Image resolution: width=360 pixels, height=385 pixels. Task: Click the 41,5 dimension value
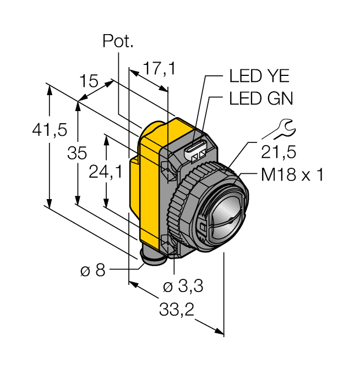tap(49, 130)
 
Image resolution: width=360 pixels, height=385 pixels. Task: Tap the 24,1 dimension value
tap(106, 172)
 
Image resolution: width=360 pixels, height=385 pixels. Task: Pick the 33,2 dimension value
tap(177, 310)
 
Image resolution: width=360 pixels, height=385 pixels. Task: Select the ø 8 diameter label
tap(92, 271)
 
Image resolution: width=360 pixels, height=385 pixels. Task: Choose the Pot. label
tap(118, 41)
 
